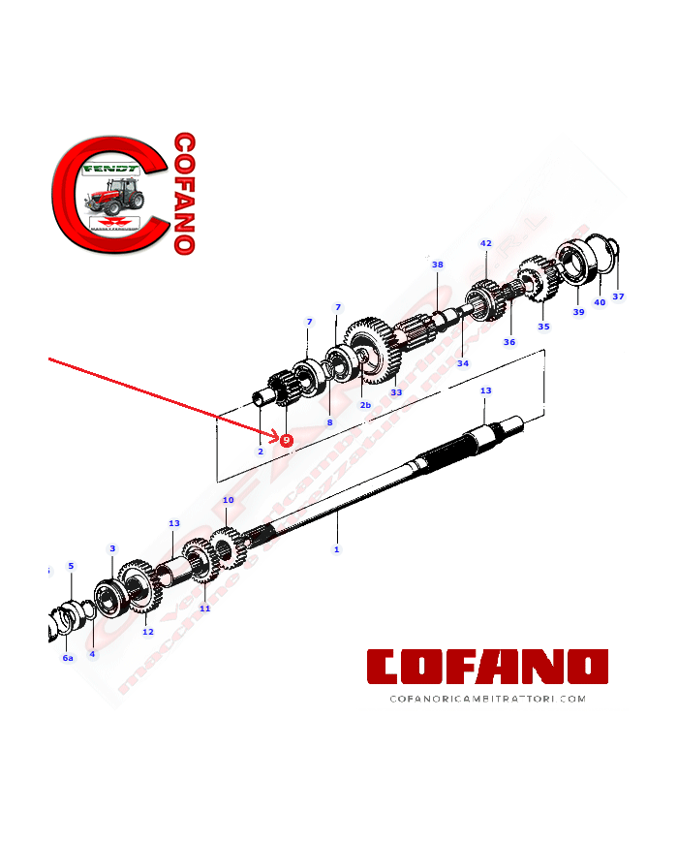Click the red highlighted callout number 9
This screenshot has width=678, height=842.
point(287,440)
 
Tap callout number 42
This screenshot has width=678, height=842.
point(486,243)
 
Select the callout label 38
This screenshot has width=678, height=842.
point(437,265)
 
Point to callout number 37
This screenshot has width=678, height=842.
point(618,296)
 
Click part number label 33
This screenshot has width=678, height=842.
point(396,392)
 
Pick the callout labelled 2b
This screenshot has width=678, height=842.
point(365,405)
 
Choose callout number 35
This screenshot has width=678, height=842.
point(543,327)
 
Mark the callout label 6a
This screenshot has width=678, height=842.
point(68,658)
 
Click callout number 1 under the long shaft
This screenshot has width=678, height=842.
point(336,549)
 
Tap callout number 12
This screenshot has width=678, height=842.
point(147,632)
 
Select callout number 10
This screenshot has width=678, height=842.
point(229,501)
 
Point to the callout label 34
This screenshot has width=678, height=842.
point(463,363)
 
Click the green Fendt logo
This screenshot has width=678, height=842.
point(109,168)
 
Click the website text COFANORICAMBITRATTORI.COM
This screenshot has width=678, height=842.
point(487,698)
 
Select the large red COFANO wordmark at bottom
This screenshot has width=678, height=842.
point(487,667)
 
